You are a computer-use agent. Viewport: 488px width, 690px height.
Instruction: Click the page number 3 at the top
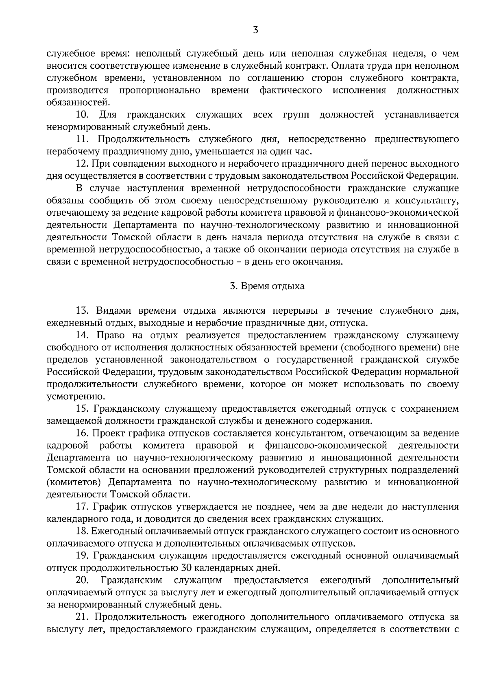[x=255, y=30]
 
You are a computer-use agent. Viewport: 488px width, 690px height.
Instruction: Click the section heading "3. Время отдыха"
[x=267, y=286]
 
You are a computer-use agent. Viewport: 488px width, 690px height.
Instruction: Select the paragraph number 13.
[x=82, y=311]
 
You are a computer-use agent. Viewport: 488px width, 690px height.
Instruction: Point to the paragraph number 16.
[x=82, y=433]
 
